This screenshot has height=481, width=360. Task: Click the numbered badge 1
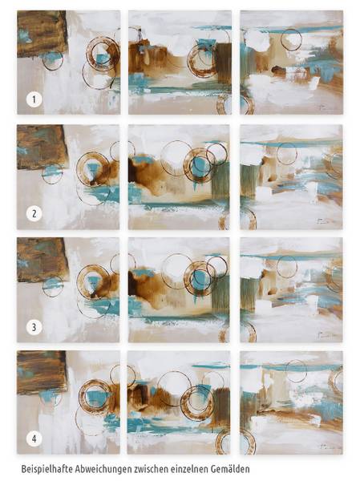coord(34,99)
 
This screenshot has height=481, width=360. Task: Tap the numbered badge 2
coord(34,213)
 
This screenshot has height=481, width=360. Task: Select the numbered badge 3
coord(34,327)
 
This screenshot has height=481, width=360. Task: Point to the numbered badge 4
coord(34,439)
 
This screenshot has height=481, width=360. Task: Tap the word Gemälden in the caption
coord(230,469)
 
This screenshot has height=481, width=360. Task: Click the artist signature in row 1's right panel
coord(322,107)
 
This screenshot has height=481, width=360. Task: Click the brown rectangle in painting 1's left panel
coord(42,33)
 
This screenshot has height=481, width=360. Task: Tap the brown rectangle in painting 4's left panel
coord(42,372)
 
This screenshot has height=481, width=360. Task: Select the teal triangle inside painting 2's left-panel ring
coord(92,170)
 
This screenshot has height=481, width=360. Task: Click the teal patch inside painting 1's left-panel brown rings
coord(100,59)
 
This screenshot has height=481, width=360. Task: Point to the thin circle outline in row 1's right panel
coord(291,40)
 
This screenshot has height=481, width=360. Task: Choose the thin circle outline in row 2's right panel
coord(287,154)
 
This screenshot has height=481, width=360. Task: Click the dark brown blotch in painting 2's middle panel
coord(133,171)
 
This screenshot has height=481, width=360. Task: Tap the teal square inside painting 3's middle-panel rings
coord(200,278)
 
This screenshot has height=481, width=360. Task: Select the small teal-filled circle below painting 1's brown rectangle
coord(52,60)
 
